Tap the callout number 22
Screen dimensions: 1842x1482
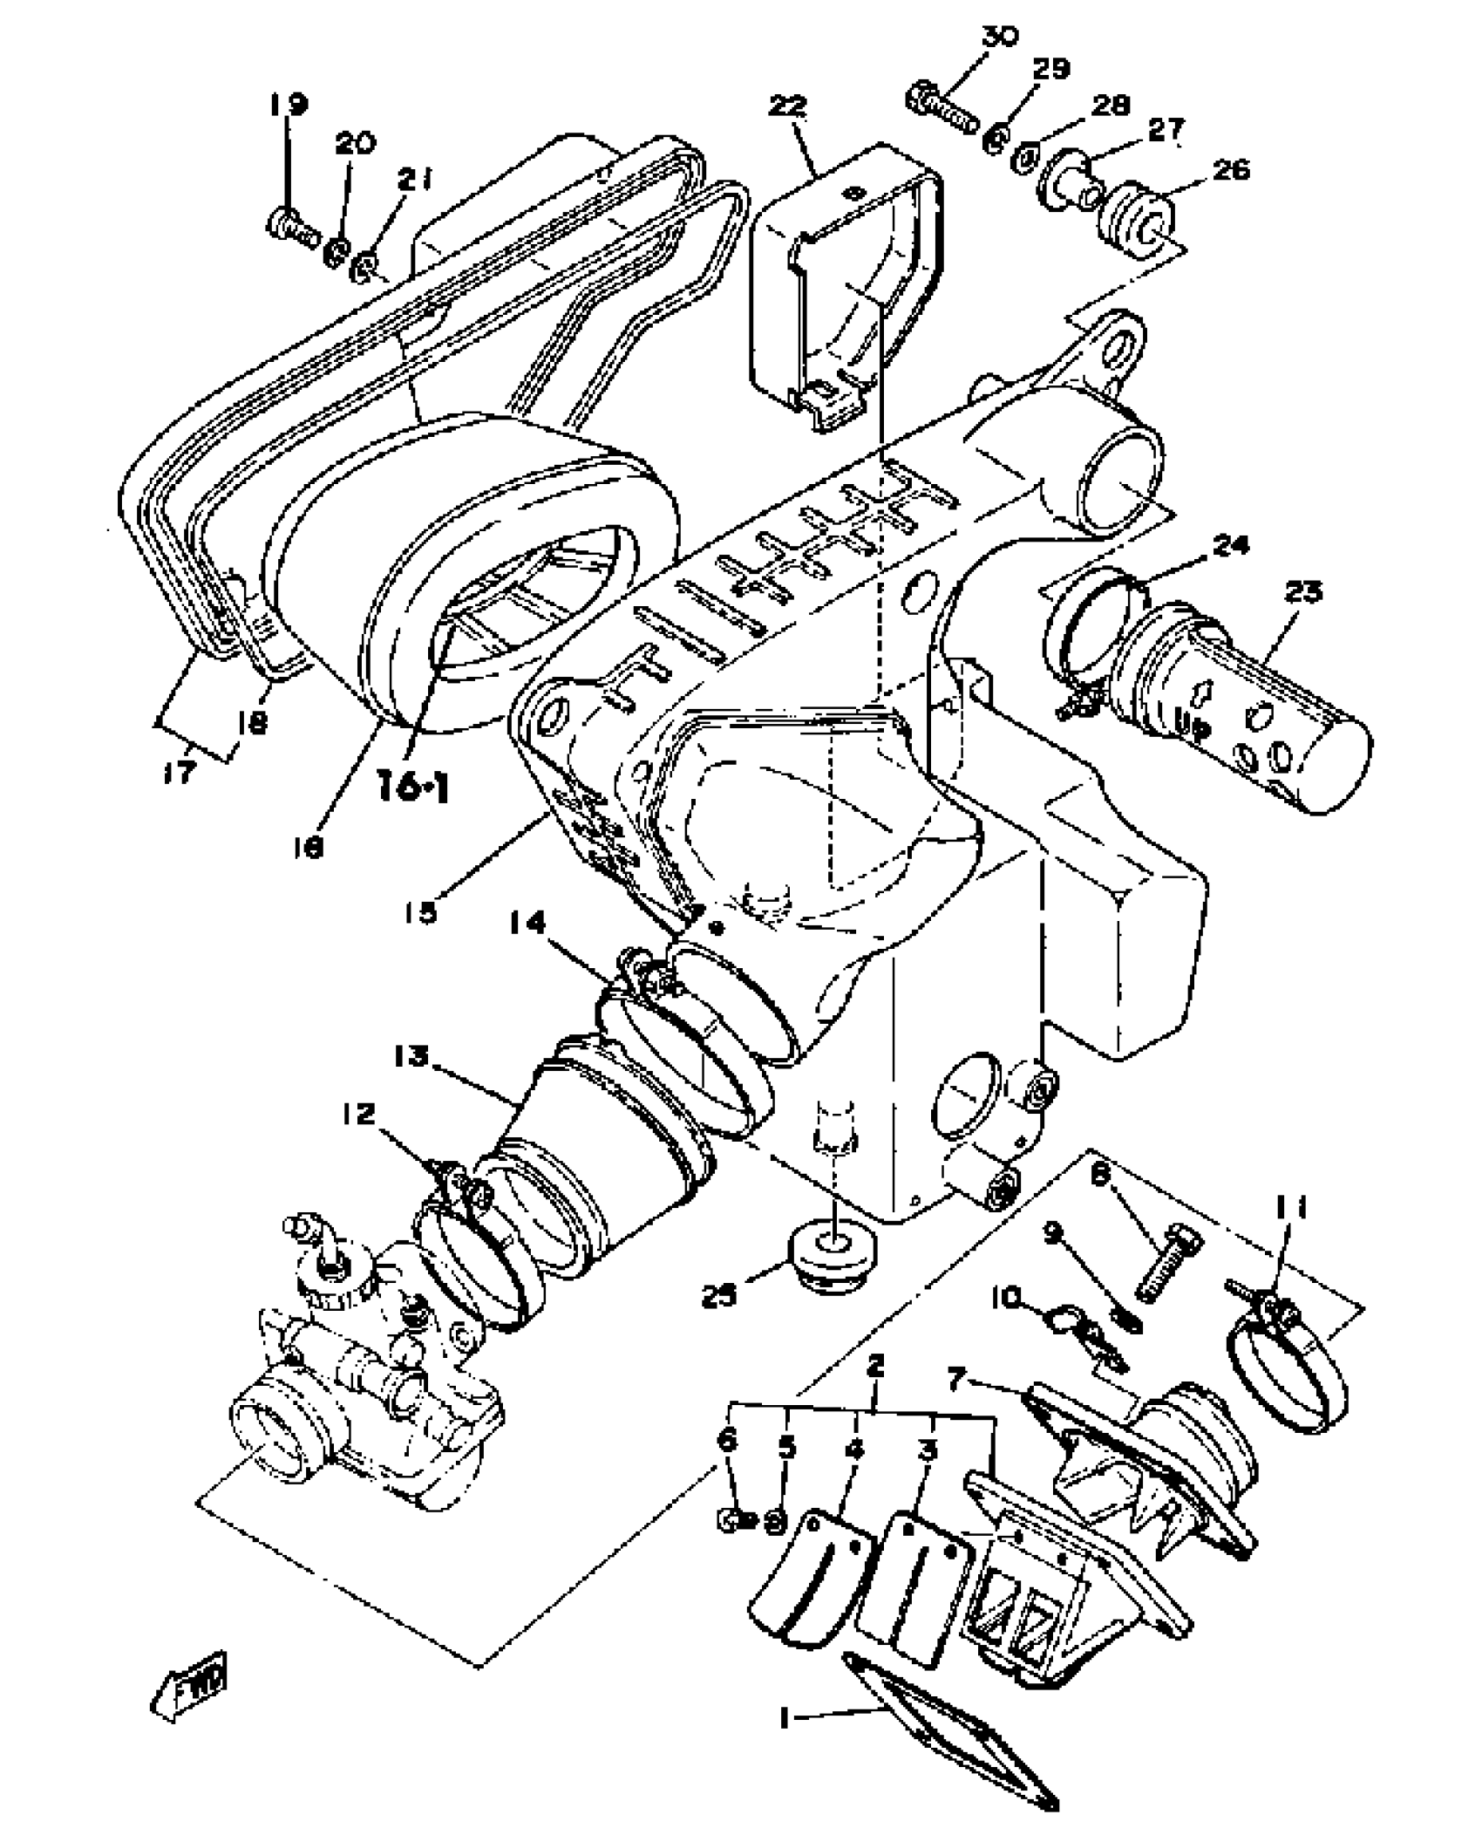coord(789,106)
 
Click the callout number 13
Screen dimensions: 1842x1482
coord(411,1057)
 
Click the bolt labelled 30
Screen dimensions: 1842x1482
coord(942,106)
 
